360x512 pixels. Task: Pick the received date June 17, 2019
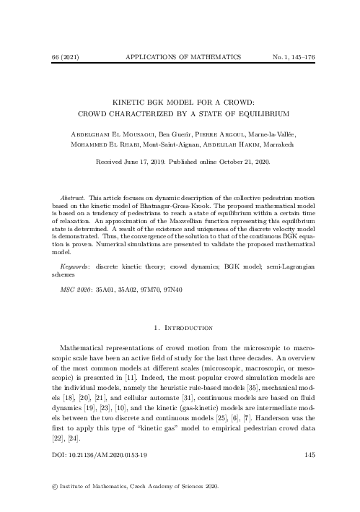coord(150,162)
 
